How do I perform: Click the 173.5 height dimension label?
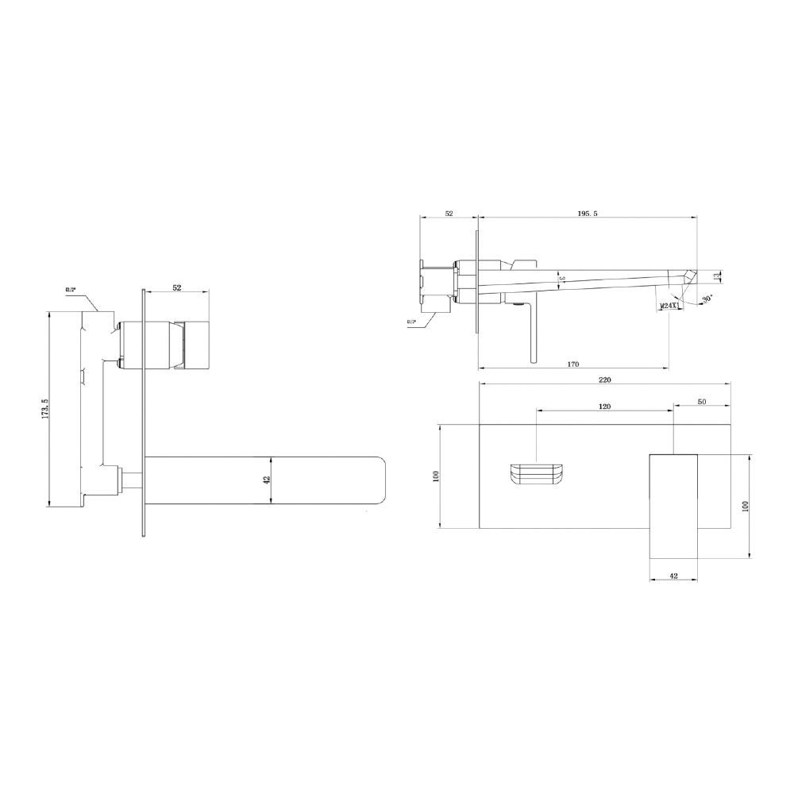click(x=45, y=409)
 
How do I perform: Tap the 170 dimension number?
click(x=572, y=364)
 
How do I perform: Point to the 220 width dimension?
click(x=605, y=380)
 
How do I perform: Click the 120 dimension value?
click(x=604, y=406)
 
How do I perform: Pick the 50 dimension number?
click(x=702, y=402)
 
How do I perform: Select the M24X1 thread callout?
click(x=669, y=305)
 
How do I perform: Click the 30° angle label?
click(x=707, y=299)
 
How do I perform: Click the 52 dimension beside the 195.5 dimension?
click(x=449, y=214)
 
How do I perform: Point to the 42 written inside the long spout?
click(x=268, y=480)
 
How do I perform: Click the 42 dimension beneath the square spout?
click(x=673, y=576)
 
